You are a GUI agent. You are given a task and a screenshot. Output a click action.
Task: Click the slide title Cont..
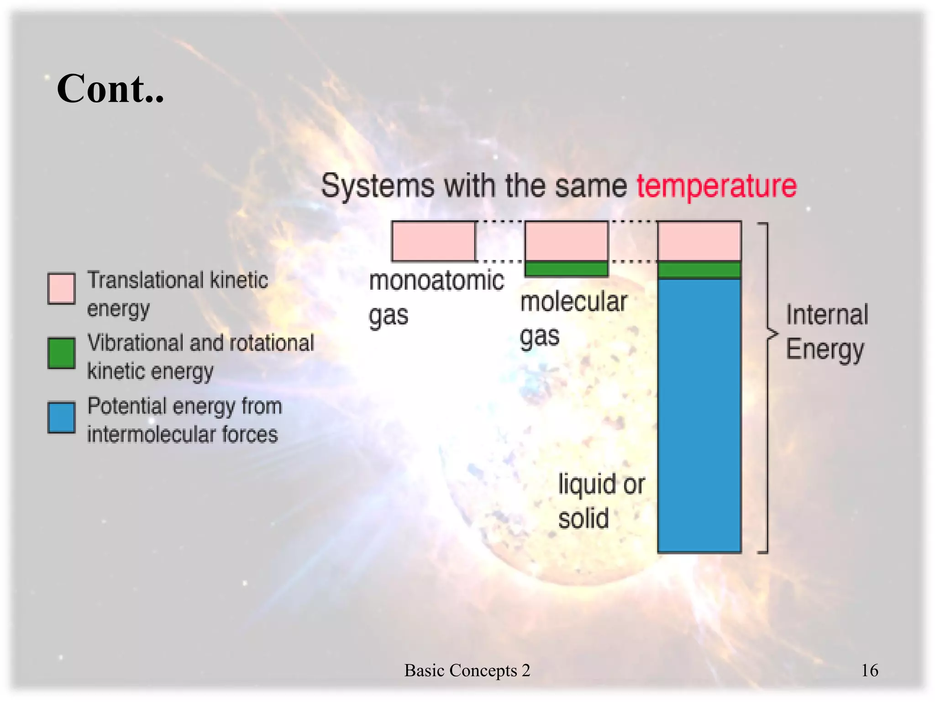coord(110,89)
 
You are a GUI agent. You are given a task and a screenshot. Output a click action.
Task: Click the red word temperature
coord(716,186)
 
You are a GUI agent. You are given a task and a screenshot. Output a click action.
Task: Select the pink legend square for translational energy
coord(61,288)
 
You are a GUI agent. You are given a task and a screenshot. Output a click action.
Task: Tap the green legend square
coord(61,353)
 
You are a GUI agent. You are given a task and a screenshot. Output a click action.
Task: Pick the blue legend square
coord(61,417)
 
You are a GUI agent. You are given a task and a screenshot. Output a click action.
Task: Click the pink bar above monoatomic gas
coord(433,241)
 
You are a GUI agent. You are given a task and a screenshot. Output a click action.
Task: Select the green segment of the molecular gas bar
coord(566,268)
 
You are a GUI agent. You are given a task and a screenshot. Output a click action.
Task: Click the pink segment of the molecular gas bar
coord(566,241)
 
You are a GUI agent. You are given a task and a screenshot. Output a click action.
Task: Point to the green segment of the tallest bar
coord(699,270)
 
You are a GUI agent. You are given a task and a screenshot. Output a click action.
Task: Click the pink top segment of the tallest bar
coord(699,241)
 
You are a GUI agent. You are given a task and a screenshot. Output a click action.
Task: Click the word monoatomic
coord(436,280)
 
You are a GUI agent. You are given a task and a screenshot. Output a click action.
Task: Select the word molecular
coord(573,302)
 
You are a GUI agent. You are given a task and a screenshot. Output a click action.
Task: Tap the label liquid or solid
coord(600,501)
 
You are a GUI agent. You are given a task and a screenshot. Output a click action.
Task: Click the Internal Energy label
coord(826,332)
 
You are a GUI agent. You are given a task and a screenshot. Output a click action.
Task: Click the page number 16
coord(869,670)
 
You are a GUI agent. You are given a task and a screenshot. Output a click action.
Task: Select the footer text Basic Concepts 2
coord(467,670)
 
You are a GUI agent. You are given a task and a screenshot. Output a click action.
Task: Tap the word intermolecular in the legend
coord(151,434)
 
